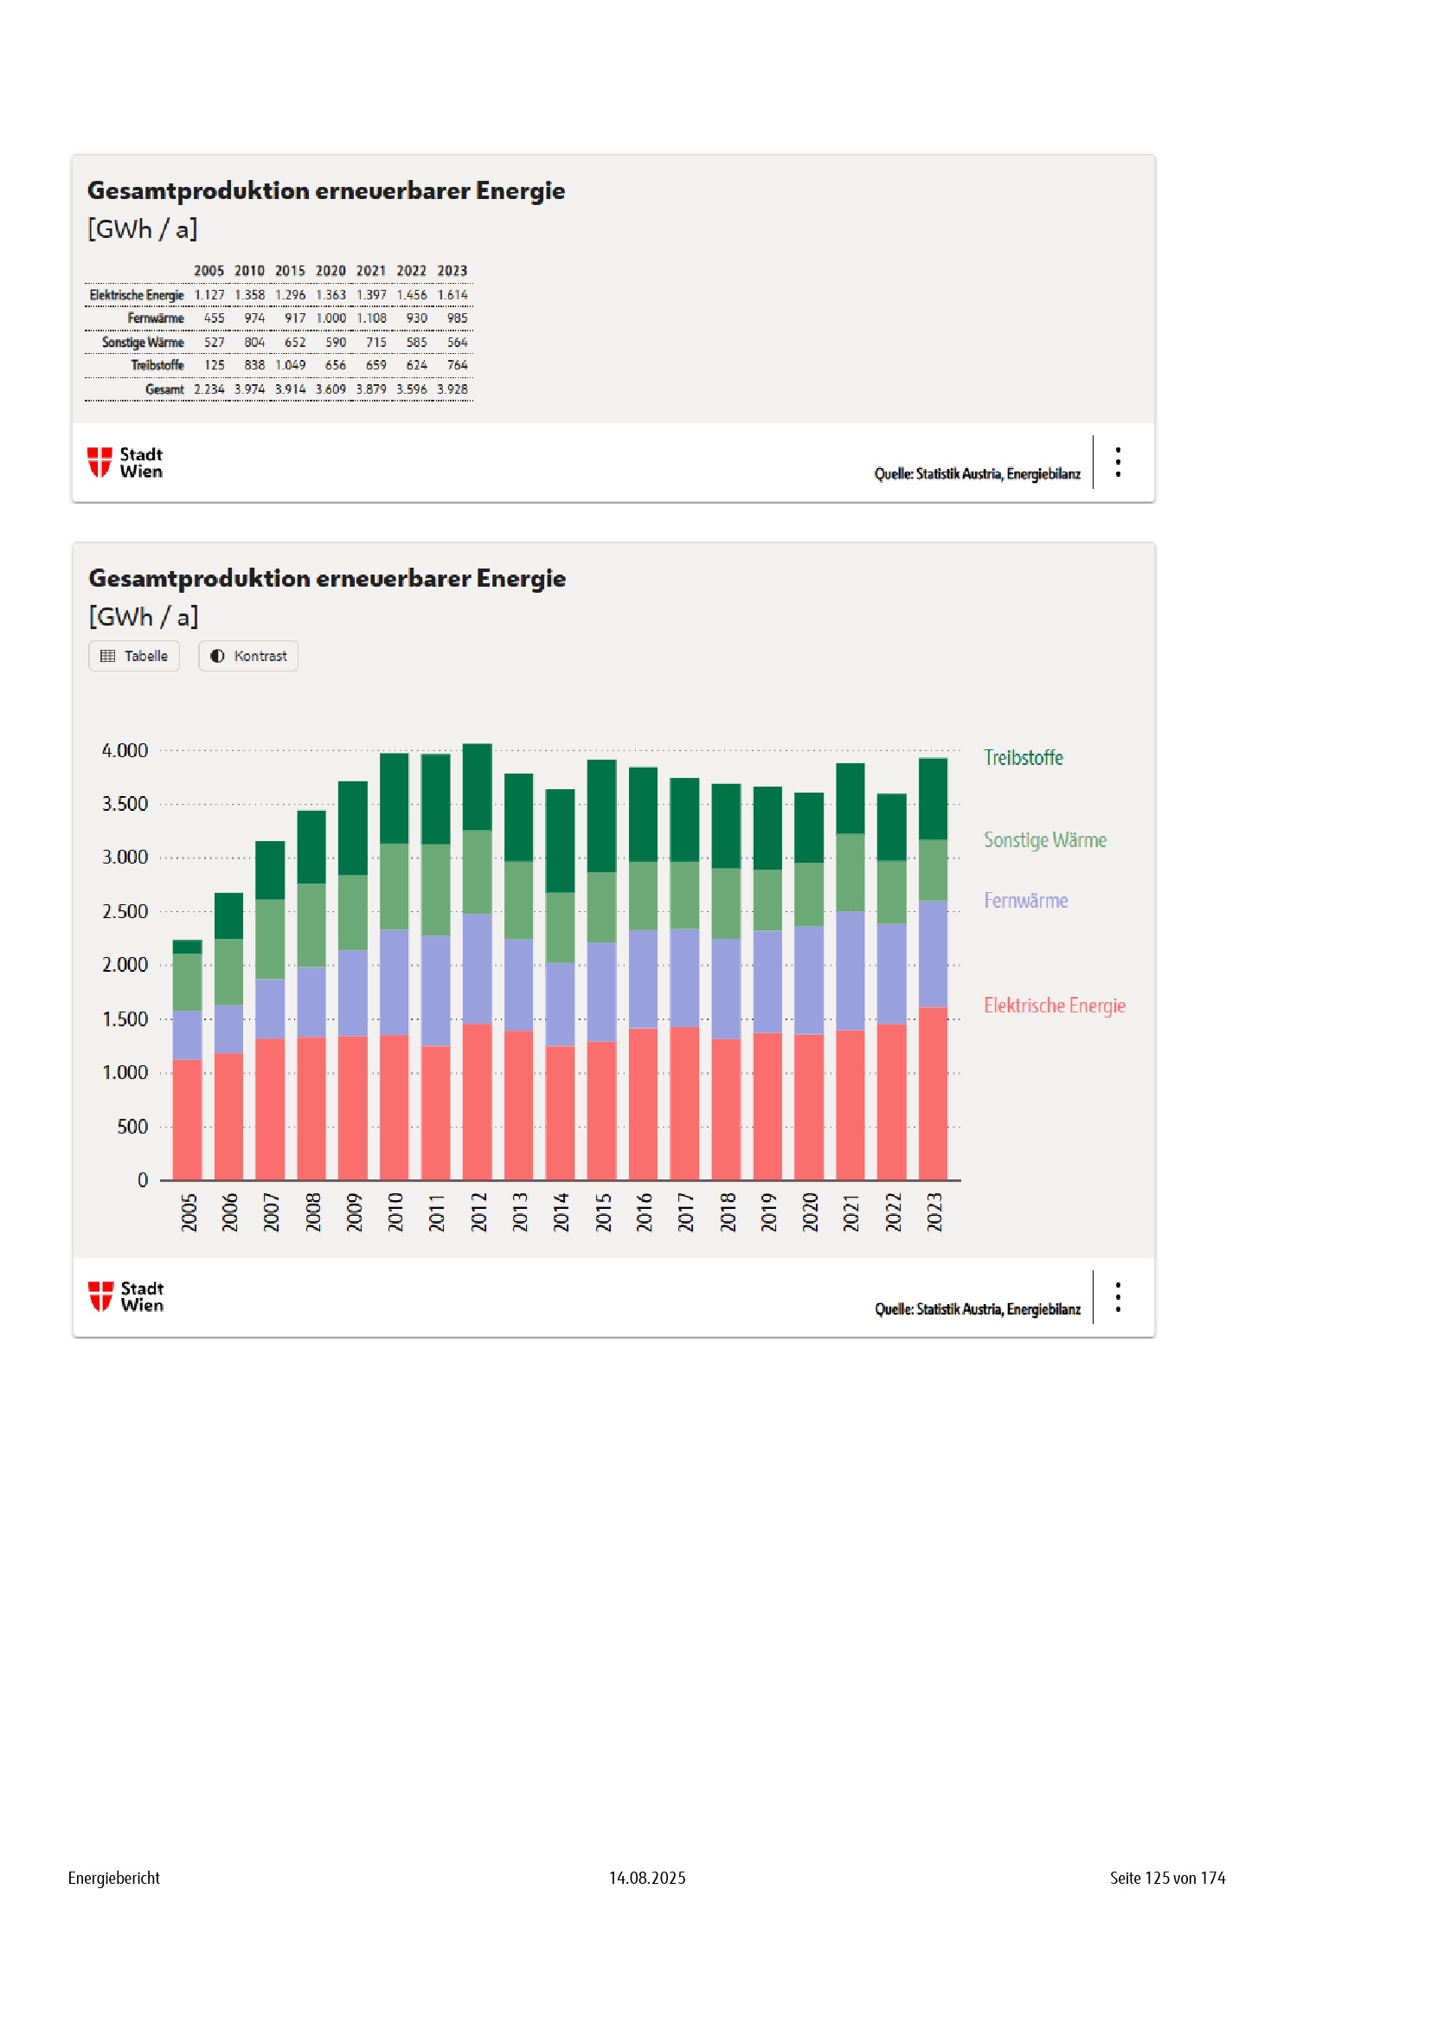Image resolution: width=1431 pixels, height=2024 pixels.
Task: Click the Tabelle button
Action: coord(134,656)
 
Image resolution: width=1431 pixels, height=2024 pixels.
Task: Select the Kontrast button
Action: coord(248,656)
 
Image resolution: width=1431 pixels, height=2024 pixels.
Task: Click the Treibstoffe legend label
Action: coord(1023,758)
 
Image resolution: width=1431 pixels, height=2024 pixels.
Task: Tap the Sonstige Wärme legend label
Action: coord(1045,840)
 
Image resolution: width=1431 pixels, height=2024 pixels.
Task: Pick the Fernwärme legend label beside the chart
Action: coord(1026,901)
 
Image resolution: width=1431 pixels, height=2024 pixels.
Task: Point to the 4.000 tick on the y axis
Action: coord(125,751)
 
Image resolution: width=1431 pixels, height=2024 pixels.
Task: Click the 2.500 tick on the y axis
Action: coord(125,911)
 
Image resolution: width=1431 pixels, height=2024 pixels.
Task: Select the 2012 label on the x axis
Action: coord(478,1212)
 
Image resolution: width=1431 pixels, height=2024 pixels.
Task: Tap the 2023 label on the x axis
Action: coord(934,1212)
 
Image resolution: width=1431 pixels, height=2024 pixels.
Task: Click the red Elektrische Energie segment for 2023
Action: coord(934,1093)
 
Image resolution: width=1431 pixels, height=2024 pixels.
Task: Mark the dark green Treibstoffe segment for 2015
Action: coord(602,816)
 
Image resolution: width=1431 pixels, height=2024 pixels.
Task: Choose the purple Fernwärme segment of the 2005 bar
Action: coord(187,1035)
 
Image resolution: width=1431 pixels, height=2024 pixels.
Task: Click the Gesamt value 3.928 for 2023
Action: coord(452,389)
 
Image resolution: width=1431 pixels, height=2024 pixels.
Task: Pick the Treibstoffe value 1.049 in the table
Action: coord(290,365)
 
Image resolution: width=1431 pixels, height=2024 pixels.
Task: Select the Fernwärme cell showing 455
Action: coord(214,318)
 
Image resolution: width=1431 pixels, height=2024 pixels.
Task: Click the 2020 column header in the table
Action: coord(330,271)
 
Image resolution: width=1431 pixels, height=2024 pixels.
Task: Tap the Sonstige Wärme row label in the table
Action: coord(143,342)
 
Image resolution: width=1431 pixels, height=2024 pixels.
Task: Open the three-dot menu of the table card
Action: coord(1118,462)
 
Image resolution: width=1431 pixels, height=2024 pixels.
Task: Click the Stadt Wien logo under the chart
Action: coord(126,1297)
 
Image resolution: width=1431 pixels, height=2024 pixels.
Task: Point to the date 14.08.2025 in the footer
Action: coord(647,1878)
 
